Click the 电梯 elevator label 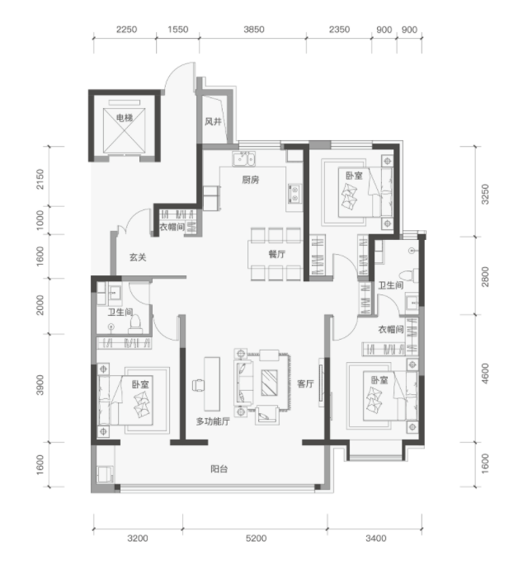(x=124, y=118)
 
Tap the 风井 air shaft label (x=213, y=121)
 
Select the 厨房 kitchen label (x=251, y=180)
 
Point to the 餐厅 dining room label (x=276, y=254)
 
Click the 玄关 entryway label (x=138, y=257)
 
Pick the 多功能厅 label (x=213, y=421)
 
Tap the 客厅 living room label (x=305, y=383)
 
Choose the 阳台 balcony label (x=219, y=469)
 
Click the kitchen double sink (x=244, y=159)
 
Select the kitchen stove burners (x=294, y=194)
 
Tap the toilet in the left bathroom (x=135, y=325)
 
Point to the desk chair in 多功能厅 (x=198, y=385)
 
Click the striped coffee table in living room (x=269, y=383)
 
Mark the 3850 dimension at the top (x=254, y=30)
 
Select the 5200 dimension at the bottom (x=256, y=538)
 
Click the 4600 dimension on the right (x=485, y=374)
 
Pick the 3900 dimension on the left (x=40, y=385)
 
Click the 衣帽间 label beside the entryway (x=172, y=227)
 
